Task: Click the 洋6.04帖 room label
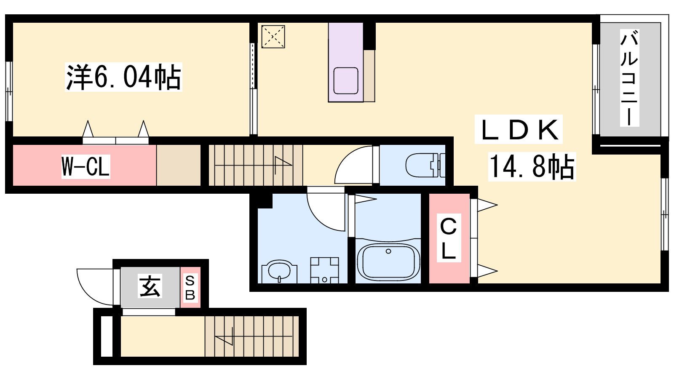tap(124, 77)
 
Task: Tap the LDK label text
tap(519, 129)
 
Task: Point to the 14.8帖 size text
tap(532, 167)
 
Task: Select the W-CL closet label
tap(86, 167)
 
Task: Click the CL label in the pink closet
tap(449, 238)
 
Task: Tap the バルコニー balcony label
tap(629, 78)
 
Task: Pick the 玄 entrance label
tap(150, 286)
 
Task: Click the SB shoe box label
tap(190, 288)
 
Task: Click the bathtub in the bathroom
tap(388, 261)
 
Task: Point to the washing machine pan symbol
tap(325, 270)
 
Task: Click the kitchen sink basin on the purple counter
tap(346, 80)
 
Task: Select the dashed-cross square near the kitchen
tap(273, 37)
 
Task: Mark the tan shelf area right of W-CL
tap(179, 165)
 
